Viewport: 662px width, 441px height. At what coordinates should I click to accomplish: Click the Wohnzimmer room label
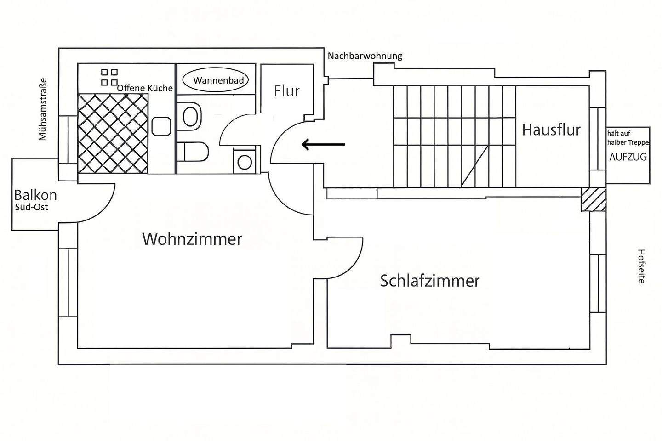(x=192, y=239)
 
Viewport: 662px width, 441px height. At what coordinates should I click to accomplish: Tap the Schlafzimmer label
(x=429, y=281)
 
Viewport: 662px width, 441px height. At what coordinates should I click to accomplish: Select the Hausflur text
(x=551, y=130)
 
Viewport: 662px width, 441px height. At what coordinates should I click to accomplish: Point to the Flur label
(x=286, y=91)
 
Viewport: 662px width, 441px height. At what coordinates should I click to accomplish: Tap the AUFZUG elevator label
(x=628, y=157)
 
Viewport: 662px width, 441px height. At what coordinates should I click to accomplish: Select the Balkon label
(x=35, y=195)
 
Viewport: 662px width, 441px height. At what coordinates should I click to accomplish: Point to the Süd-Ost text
(x=31, y=207)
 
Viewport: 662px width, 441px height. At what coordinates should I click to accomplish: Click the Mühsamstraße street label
(x=43, y=109)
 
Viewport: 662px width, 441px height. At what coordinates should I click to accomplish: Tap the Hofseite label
(x=641, y=266)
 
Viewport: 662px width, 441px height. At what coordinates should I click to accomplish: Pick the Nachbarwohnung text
(x=365, y=56)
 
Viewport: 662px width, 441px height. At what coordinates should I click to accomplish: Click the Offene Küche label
(x=145, y=88)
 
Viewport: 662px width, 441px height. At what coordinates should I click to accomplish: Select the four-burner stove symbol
(x=109, y=77)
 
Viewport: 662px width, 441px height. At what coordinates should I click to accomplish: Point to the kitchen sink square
(x=161, y=126)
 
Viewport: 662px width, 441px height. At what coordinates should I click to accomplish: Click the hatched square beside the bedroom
(x=593, y=199)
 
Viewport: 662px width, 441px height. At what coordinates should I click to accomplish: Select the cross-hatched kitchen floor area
(x=113, y=133)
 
